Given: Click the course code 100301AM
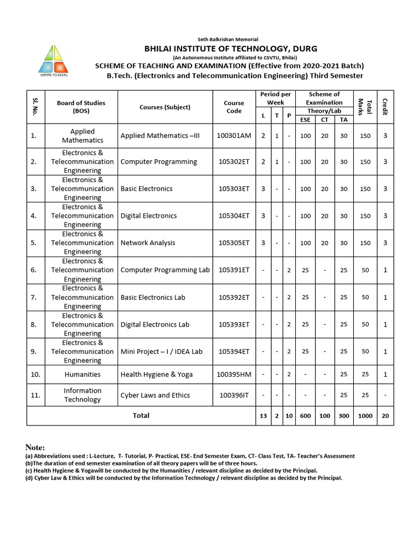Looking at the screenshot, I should [234, 136].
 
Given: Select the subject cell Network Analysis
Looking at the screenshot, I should [148, 243].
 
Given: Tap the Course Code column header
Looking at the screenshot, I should [234, 107].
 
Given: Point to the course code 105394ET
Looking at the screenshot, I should [234, 352].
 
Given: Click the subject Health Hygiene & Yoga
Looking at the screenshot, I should [156, 375].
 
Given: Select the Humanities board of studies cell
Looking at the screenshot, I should [82, 375].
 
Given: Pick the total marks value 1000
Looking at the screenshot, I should [365, 416].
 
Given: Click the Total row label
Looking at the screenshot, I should [141, 416].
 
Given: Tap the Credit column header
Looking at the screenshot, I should [385, 107].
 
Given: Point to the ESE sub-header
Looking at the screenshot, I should [305, 120].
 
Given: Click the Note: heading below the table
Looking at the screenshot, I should [35, 447].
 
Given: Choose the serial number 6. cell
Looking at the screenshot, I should [34, 270].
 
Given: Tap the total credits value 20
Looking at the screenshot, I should [385, 416].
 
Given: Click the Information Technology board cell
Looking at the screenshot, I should [82, 395].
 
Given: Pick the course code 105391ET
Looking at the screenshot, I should [234, 270].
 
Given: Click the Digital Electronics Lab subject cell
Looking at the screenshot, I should [155, 324].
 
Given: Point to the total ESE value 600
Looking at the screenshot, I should [305, 416].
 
